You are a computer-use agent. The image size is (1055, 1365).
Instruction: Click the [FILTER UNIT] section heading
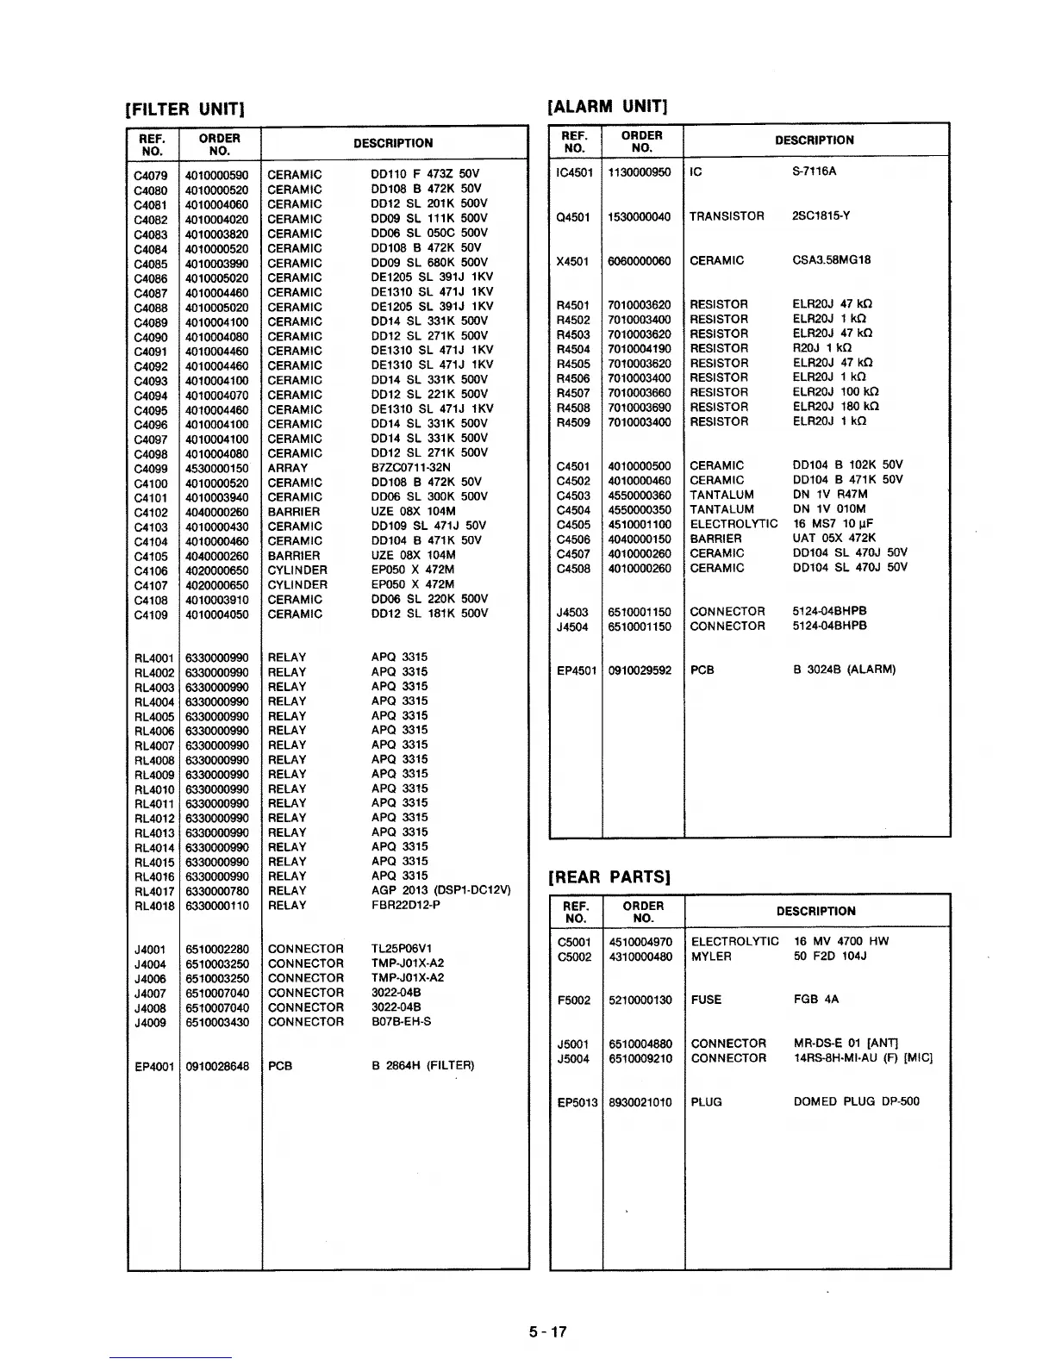click(x=186, y=109)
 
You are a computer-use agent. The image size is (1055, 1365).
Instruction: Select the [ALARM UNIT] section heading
click(x=609, y=106)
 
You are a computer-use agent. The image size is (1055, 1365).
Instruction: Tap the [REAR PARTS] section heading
click(x=609, y=876)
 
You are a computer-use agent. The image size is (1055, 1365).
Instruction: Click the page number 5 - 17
click(x=548, y=1331)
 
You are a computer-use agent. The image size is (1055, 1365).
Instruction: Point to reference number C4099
click(x=151, y=468)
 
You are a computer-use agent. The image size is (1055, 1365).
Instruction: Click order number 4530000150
click(x=216, y=468)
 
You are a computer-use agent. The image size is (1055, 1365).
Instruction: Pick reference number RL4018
click(x=154, y=906)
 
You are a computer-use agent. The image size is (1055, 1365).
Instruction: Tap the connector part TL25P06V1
click(x=407, y=949)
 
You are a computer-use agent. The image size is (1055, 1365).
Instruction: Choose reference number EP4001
click(x=154, y=1066)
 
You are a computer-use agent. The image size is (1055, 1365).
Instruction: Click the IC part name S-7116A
click(x=814, y=171)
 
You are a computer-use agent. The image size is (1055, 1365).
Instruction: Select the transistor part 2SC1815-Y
click(x=821, y=216)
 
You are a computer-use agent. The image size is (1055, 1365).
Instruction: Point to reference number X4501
click(x=573, y=260)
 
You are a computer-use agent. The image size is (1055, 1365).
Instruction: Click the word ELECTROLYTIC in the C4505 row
click(x=734, y=524)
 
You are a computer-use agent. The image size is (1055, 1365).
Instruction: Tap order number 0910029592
click(x=640, y=670)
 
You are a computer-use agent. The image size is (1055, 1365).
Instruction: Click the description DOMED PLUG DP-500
click(x=856, y=1101)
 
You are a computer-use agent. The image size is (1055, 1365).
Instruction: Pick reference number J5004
click(x=574, y=1058)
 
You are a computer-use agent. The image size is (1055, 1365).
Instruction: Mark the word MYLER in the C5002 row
click(x=711, y=957)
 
